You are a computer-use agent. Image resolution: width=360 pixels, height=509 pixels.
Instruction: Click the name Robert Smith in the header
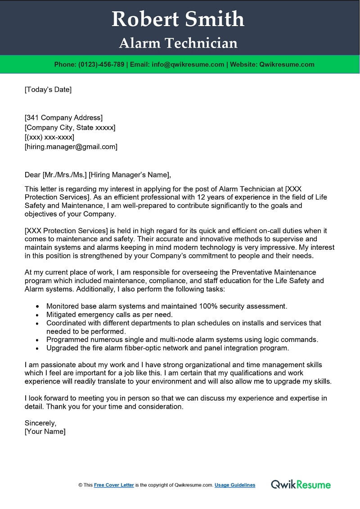point(178,19)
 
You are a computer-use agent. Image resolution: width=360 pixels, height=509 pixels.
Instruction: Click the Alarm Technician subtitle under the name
point(178,43)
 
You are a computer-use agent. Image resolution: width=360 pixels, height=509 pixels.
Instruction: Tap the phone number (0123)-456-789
point(102,64)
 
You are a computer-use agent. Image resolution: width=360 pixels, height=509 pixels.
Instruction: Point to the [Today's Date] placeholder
point(48,89)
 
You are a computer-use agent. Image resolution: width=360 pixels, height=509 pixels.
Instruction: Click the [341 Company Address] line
point(63,118)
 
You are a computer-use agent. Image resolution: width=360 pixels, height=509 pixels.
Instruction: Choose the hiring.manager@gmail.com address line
point(71,147)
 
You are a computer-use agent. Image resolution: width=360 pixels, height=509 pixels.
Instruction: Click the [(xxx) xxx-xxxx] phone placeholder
point(49,137)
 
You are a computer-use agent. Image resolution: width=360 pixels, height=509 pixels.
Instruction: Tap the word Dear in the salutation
point(32,175)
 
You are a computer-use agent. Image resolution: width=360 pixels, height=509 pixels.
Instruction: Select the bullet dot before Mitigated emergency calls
point(37,315)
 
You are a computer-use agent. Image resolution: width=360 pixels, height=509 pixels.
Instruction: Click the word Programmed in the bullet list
point(65,339)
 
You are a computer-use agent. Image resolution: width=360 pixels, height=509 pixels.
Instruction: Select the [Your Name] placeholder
point(45,432)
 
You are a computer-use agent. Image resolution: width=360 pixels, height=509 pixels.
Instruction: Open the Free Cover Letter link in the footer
point(114,485)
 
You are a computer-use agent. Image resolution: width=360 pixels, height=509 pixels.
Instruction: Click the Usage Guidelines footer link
point(235,485)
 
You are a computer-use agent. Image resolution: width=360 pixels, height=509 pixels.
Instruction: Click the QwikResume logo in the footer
point(301,485)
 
